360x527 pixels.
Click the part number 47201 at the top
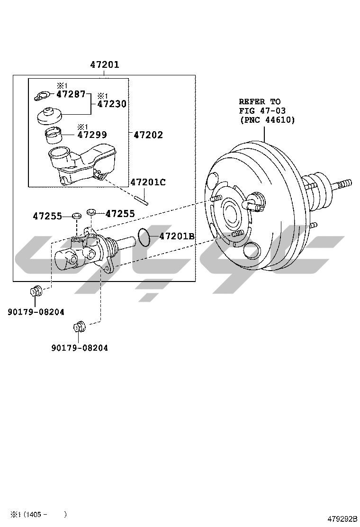click(x=105, y=65)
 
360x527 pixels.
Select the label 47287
click(x=71, y=94)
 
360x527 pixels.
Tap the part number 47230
click(x=112, y=104)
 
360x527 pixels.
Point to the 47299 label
click(x=92, y=135)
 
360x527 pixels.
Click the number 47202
click(x=148, y=135)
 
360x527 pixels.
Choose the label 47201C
click(x=148, y=182)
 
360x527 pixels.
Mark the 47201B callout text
click(x=177, y=236)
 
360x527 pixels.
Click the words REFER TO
click(x=260, y=101)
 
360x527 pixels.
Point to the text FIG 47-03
click(x=262, y=110)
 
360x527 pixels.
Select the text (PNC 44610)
click(x=267, y=120)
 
